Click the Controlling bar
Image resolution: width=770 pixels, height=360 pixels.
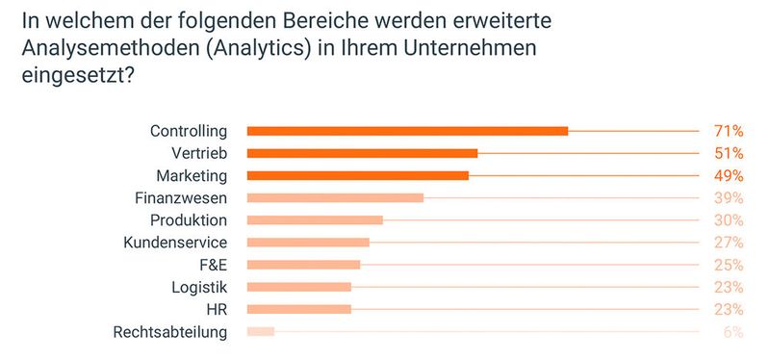pyautogui.click(x=407, y=131)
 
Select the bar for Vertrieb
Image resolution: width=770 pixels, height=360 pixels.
pyautogui.click(x=362, y=153)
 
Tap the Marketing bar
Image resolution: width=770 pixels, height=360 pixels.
pyautogui.click(x=357, y=175)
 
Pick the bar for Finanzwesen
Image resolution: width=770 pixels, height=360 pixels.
pyautogui.click(x=335, y=198)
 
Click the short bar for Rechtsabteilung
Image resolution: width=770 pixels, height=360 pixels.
pyautogui.click(x=261, y=332)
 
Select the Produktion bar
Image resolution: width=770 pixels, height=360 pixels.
pyautogui.click(x=315, y=220)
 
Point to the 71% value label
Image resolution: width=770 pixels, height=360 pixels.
pyautogui.click(x=728, y=131)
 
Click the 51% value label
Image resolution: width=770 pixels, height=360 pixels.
pyautogui.click(x=728, y=153)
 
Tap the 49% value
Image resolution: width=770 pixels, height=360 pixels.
pyautogui.click(x=728, y=175)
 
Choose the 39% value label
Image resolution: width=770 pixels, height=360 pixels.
pyautogui.click(x=728, y=198)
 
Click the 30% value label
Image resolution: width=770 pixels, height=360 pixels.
pyautogui.click(x=728, y=220)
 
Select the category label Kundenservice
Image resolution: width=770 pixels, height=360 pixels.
pyautogui.click(x=175, y=243)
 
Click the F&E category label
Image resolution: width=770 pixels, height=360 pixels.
pyautogui.click(x=212, y=265)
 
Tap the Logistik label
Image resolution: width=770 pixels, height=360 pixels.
pyautogui.click(x=200, y=287)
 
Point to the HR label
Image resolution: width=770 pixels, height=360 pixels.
pyautogui.click(x=217, y=309)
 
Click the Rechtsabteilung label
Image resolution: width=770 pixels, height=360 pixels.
pyautogui.click(x=169, y=332)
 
